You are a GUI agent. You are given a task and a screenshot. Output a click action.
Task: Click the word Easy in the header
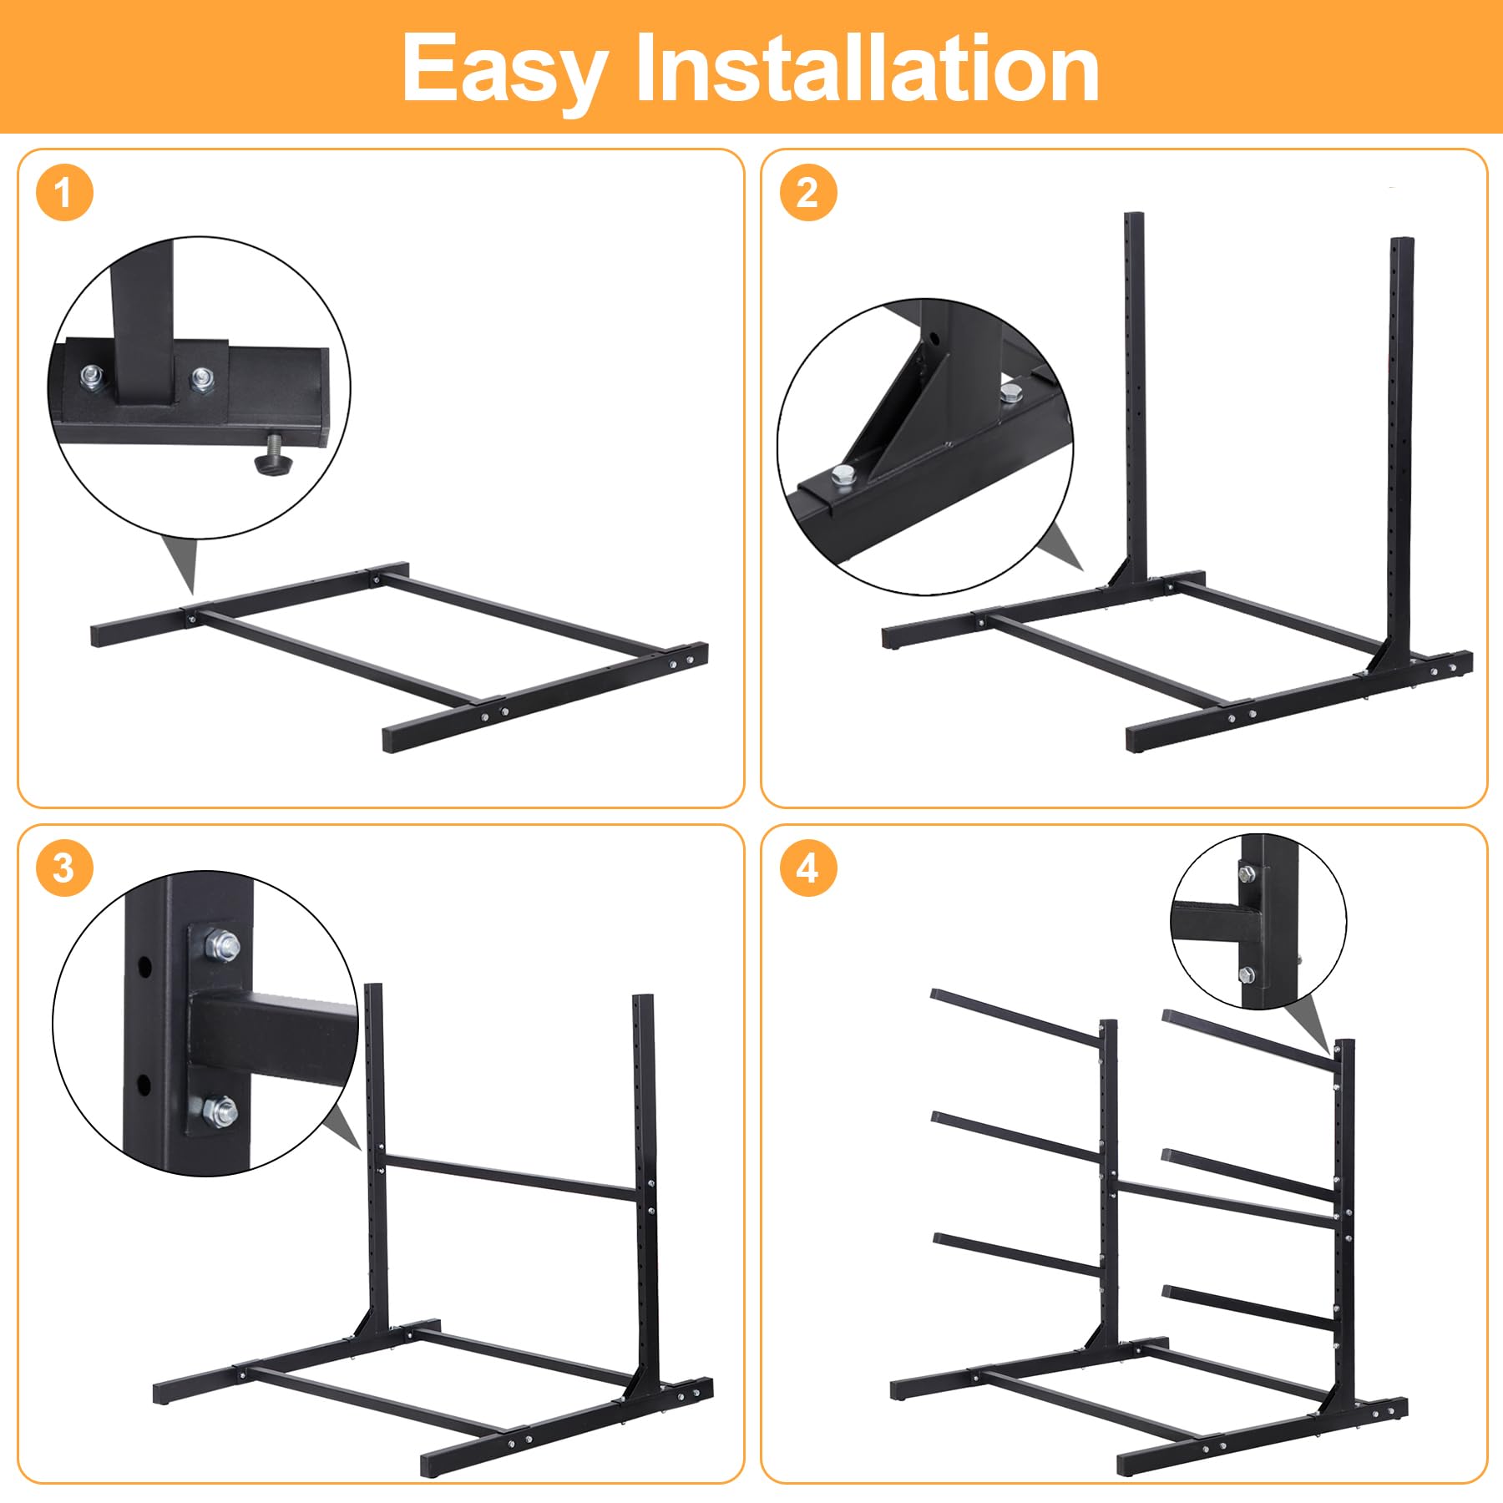[504, 72]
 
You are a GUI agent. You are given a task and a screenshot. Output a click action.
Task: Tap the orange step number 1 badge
[64, 193]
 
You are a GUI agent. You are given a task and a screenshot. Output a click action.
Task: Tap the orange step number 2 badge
[807, 193]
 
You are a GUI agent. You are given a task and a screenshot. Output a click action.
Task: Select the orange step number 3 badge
[64, 868]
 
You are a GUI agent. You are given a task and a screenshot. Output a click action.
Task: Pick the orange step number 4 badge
[807, 868]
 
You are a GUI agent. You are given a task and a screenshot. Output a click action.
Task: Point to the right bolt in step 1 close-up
[202, 378]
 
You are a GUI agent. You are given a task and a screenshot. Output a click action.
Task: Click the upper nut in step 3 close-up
[221, 945]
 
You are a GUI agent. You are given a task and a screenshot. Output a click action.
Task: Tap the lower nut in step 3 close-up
[220, 1111]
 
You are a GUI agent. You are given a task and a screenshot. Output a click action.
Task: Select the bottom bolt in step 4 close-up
[1247, 974]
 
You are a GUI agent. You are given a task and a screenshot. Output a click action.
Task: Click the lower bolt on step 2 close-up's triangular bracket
[843, 477]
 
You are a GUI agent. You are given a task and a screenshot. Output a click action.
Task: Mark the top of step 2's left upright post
[1134, 215]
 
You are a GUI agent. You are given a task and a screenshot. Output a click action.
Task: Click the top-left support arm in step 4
[1015, 1016]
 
